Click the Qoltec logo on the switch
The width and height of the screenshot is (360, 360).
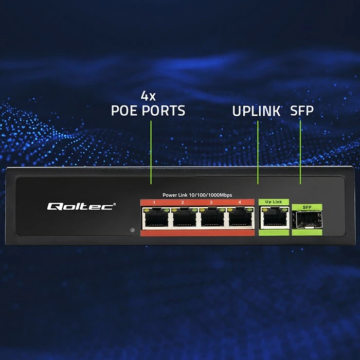pyautogui.click(x=82, y=206)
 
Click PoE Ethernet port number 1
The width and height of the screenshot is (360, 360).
pyautogui.click(x=156, y=220)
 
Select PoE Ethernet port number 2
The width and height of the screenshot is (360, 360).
pyautogui.click(x=184, y=220)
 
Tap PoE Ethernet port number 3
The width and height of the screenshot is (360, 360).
pyautogui.click(x=212, y=220)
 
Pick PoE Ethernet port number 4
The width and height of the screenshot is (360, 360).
pyautogui.click(x=239, y=220)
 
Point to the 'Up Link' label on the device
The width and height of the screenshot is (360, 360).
pyautogui.click(x=273, y=202)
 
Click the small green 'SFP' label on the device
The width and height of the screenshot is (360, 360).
pyautogui.click(x=307, y=207)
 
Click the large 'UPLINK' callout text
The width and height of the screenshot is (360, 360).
pyautogui.click(x=256, y=111)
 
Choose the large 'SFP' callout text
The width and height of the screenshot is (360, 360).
pyautogui.click(x=302, y=111)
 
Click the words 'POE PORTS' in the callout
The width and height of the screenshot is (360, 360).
pyautogui.click(x=148, y=111)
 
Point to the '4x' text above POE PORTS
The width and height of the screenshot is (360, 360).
pyautogui.click(x=148, y=96)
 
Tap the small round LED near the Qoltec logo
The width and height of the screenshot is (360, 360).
pyautogui.click(x=132, y=230)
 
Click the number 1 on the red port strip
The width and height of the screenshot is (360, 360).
pyautogui.click(x=154, y=202)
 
